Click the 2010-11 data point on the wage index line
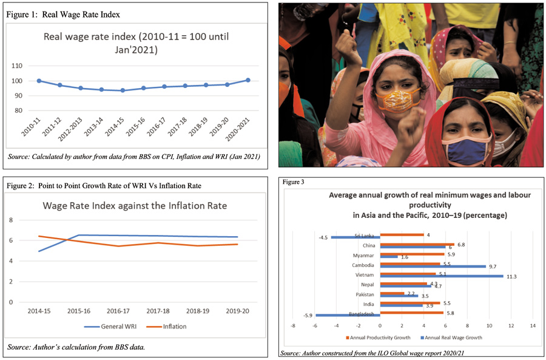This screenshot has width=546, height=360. click(39, 81)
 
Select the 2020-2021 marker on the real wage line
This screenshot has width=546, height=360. click(248, 80)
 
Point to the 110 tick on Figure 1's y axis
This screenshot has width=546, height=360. click(17, 66)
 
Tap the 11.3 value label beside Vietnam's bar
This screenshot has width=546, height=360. click(511, 276)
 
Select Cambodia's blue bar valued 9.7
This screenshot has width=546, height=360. click(433, 265)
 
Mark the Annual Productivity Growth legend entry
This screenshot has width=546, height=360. click(379, 338)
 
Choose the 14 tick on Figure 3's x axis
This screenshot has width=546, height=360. click(533, 327)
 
